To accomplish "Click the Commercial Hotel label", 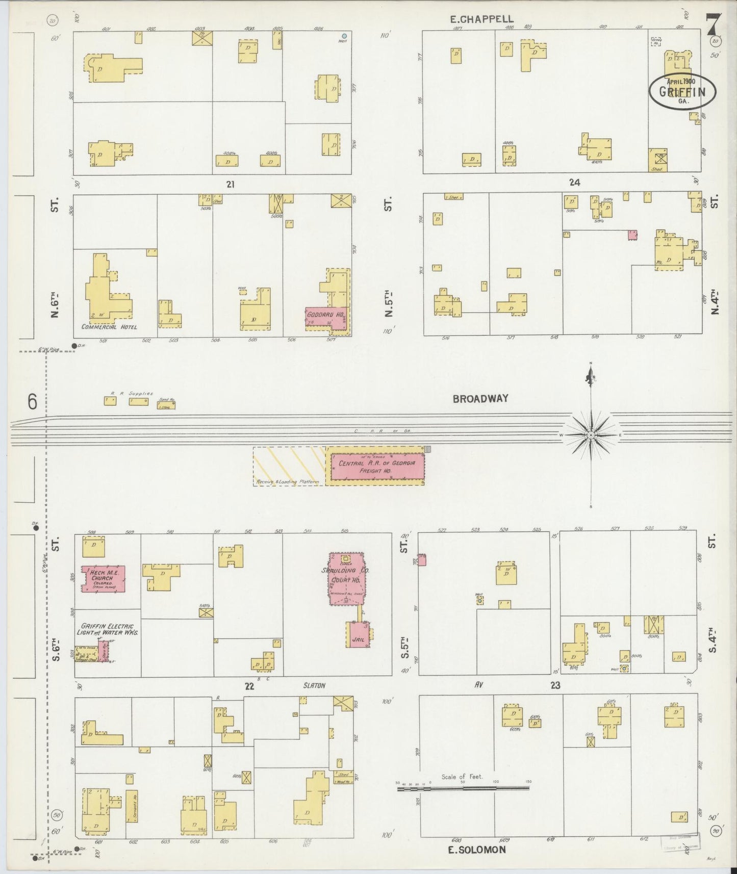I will point(109,327).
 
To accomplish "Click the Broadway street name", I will point(480,399).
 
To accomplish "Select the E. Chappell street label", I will point(481,19).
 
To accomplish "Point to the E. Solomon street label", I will point(477,850).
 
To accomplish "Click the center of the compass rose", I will point(591,435).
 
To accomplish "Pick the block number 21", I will point(230,185).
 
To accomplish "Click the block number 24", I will point(574,183).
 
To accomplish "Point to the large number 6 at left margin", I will point(33,402).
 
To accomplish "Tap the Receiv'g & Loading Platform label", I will point(287,482).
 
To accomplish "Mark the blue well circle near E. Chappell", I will point(344,36).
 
